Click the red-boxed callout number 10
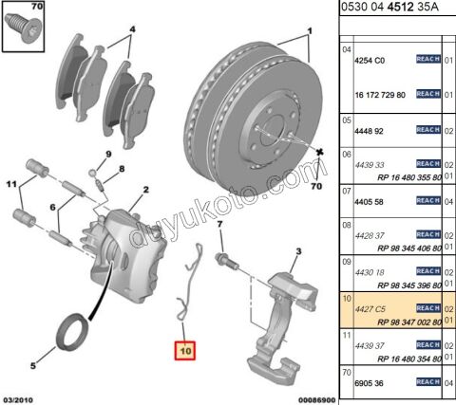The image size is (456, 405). pos(181,349)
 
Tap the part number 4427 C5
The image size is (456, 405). pos(369,307)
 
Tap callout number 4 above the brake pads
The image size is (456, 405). pos(132,29)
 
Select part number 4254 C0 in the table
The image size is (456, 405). pos(369,59)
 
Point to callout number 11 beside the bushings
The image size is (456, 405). pos(12,182)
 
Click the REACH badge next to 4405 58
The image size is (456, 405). pos(428,200)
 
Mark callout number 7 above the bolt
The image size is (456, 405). pos(218,225)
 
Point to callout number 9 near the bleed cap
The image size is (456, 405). pos(108,154)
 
